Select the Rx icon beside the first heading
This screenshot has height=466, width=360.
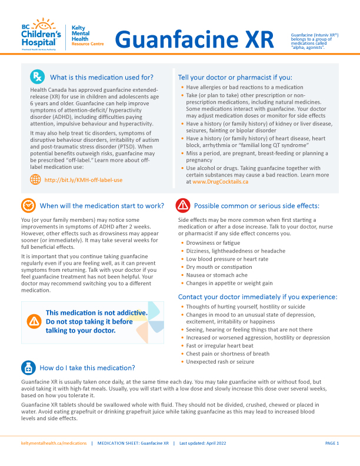point(37,76)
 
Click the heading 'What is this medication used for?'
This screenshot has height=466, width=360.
point(102,77)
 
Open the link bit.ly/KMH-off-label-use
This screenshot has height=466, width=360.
point(84,180)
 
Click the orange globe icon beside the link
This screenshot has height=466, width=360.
point(36,179)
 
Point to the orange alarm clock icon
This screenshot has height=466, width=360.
point(28,205)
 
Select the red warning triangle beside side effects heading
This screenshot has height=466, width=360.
point(183,205)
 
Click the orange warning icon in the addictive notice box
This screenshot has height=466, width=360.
point(34,321)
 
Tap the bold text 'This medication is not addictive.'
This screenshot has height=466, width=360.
point(96,312)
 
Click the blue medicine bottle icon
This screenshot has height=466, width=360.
point(28,368)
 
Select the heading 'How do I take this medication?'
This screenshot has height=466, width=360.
point(87,368)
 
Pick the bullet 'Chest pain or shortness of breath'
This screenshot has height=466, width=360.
point(228,354)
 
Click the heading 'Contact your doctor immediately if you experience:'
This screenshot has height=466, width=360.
point(258,297)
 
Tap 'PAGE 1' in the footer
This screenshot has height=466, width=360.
point(332,442)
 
